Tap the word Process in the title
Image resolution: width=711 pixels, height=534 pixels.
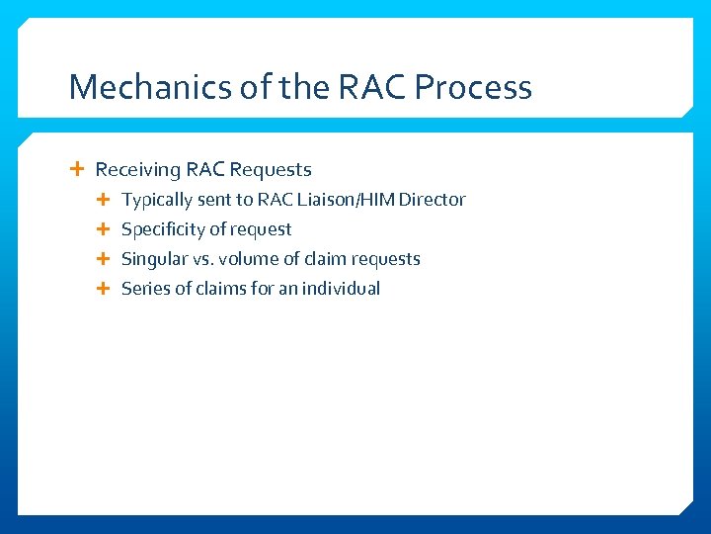[473, 87]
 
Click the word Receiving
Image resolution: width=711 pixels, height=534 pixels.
[137, 170]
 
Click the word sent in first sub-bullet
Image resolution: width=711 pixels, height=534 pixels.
[214, 200]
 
